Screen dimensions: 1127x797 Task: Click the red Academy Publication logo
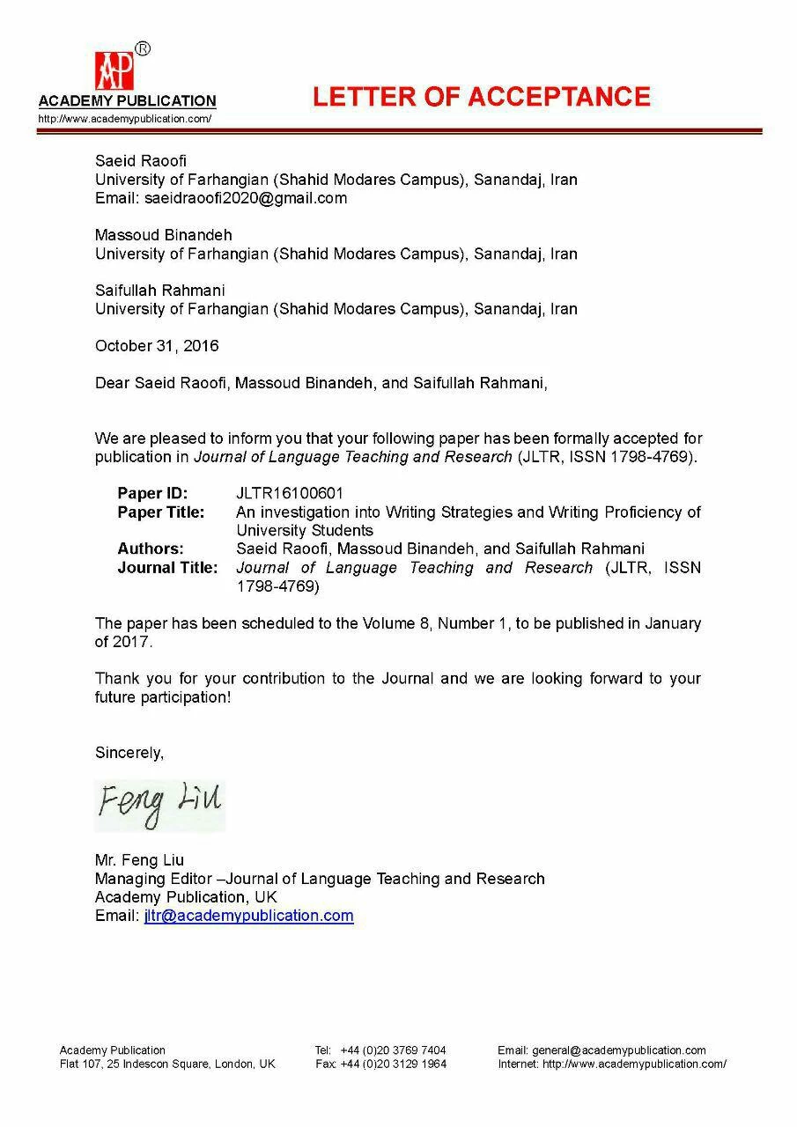pyautogui.click(x=114, y=70)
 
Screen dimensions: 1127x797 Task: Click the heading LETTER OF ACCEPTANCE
pyautogui.click(x=481, y=97)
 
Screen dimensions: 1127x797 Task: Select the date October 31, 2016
pyautogui.click(x=157, y=346)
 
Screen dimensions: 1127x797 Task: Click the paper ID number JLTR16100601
pyautogui.click(x=290, y=493)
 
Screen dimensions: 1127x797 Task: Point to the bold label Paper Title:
pyautogui.click(x=161, y=512)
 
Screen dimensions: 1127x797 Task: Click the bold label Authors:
pyautogui.click(x=151, y=549)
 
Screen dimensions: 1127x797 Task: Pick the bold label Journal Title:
pyautogui.click(x=167, y=567)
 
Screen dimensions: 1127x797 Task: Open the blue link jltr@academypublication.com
pyautogui.click(x=248, y=916)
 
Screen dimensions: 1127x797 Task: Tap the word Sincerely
pyautogui.click(x=129, y=753)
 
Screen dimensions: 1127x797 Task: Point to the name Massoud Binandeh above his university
pyautogui.click(x=164, y=235)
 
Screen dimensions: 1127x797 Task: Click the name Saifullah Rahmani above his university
pyautogui.click(x=160, y=290)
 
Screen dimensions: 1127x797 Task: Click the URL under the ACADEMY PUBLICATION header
pyautogui.click(x=124, y=119)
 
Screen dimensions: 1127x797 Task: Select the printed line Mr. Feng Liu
pyautogui.click(x=139, y=860)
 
